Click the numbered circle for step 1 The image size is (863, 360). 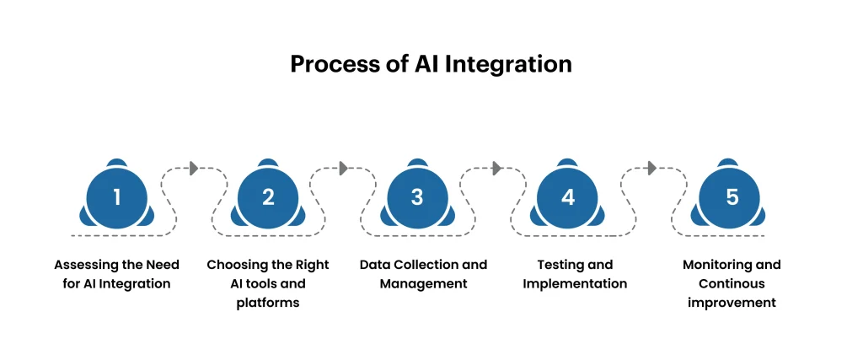(x=117, y=197)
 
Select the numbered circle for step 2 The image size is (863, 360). (x=268, y=197)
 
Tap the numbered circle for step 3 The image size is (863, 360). (x=417, y=197)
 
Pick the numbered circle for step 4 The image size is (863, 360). (x=568, y=197)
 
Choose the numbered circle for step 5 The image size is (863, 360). (x=732, y=197)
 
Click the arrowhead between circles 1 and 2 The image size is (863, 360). (x=195, y=168)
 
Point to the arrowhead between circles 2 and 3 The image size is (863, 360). (x=344, y=168)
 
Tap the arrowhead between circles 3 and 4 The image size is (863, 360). (x=497, y=168)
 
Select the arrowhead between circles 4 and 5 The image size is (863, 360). (x=652, y=168)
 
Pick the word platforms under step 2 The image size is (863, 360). (x=268, y=303)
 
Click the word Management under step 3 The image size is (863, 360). (x=423, y=283)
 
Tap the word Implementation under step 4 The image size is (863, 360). (x=575, y=283)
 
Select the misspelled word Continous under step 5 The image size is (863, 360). (x=732, y=283)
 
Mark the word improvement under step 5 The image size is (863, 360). (x=732, y=303)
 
